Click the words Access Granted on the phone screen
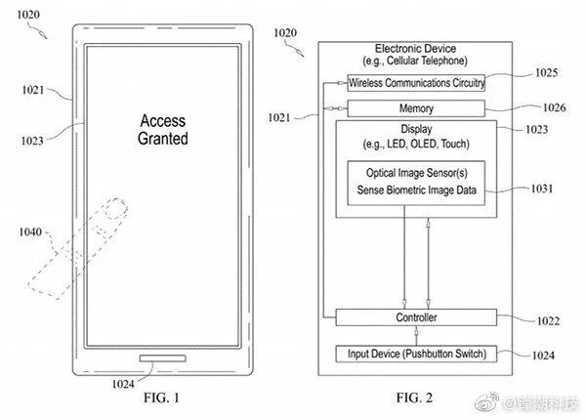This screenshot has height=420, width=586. click(x=163, y=130)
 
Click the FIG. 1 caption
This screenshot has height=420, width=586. click(x=160, y=398)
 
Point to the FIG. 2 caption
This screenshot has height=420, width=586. click(x=415, y=398)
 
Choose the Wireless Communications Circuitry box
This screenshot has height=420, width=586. click(x=416, y=83)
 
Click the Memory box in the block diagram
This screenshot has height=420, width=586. click(x=416, y=108)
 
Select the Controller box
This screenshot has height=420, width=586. click(x=416, y=318)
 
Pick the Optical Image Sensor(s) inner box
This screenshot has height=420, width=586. click(x=416, y=182)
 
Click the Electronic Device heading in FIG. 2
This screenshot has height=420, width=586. click(x=415, y=49)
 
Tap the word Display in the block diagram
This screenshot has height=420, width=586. click(x=416, y=129)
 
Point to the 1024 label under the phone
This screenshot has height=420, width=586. click(x=124, y=383)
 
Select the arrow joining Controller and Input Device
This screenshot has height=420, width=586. click(x=416, y=335)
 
